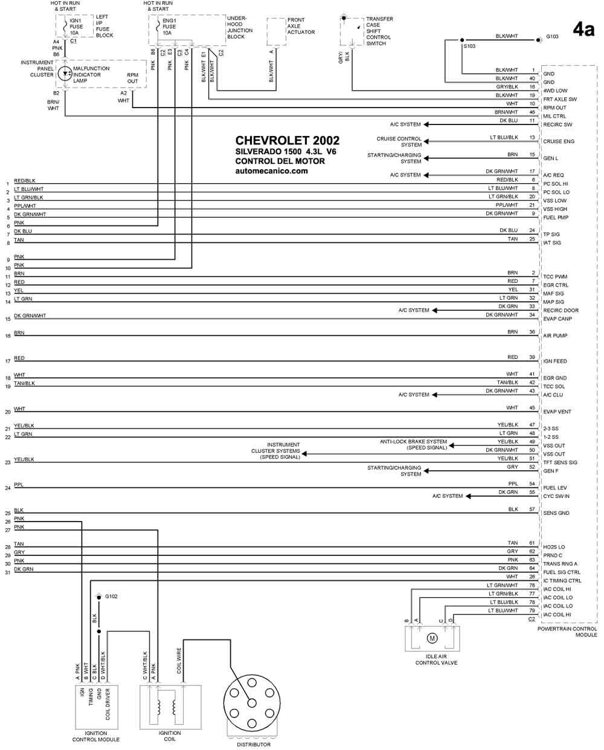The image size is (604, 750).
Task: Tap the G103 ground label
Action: pyautogui.click(x=552, y=36)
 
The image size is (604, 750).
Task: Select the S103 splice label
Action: pyautogui.click(x=469, y=46)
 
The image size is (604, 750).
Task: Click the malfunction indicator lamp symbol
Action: pyautogui.click(x=65, y=74)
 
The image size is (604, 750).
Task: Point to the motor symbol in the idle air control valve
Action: pyautogui.click(x=432, y=638)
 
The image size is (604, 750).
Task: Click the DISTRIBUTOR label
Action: pyautogui.click(x=254, y=745)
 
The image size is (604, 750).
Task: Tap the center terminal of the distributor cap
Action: pyautogui.click(x=252, y=703)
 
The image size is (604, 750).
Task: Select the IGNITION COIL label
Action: pyautogui.click(x=170, y=736)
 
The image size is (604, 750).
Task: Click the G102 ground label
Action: pyautogui.click(x=111, y=596)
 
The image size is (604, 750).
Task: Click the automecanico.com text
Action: pyautogui.click(x=271, y=171)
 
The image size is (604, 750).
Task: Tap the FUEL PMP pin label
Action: pyautogui.click(x=556, y=218)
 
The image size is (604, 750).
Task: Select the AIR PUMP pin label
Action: pyautogui.click(x=555, y=335)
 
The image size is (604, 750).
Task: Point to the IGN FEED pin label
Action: pyautogui.click(x=555, y=361)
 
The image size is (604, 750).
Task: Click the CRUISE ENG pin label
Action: pyautogui.click(x=559, y=141)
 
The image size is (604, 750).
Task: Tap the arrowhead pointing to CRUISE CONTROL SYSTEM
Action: pyautogui.click(x=426, y=141)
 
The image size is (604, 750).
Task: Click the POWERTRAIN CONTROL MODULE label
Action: pyautogui.click(x=567, y=632)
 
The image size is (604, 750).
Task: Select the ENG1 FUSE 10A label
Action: pyautogui.click(x=169, y=27)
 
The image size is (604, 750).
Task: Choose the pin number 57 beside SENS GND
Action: pyautogui.click(x=532, y=509)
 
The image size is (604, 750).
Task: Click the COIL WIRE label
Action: pyautogui.click(x=179, y=661)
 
